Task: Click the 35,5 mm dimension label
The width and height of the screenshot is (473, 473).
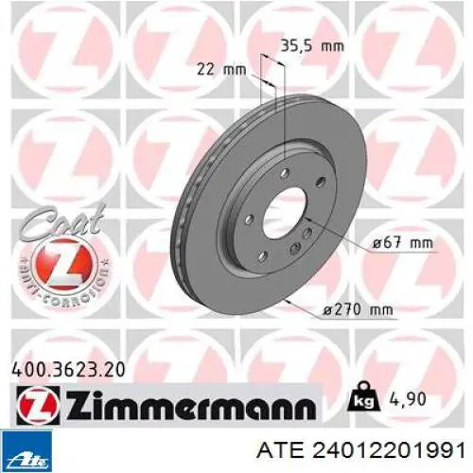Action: click(312, 46)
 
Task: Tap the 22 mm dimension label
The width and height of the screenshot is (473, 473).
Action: click(221, 69)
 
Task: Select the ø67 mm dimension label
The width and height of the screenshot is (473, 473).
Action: click(402, 243)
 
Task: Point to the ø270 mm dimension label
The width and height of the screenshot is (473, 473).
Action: click(359, 186)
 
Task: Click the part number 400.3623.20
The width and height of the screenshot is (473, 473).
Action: click(68, 370)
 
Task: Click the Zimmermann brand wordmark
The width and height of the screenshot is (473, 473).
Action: click(191, 404)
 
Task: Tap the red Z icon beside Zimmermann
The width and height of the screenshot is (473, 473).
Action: click(38, 405)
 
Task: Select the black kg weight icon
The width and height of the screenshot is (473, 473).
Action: click(362, 397)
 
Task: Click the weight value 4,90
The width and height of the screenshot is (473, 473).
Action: click(409, 399)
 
